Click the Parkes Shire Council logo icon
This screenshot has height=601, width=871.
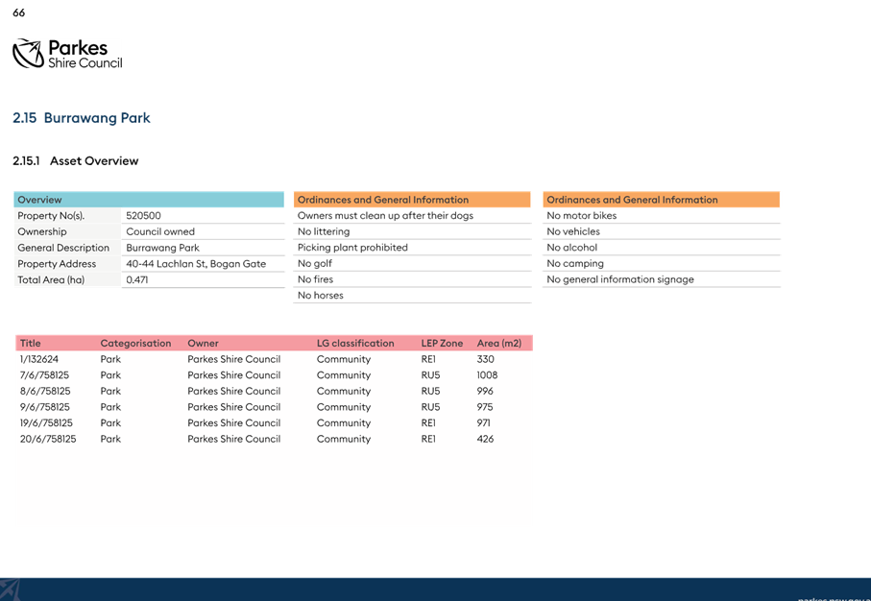pos(29,54)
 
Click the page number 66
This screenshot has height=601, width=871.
pos(19,12)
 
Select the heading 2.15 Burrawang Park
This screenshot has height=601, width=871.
pos(82,118)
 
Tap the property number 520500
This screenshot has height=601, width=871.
pos(143,215)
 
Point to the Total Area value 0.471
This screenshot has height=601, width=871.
pos(137,279)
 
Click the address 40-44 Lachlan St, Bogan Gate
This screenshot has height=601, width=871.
pos(196,264)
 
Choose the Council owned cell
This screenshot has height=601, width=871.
pos(160,231)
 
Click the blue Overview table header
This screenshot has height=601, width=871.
pos(148,200)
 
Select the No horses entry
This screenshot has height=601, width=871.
pos(321,296)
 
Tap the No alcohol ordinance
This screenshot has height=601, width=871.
pos(572,248)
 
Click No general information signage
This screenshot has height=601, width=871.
pos(620,279)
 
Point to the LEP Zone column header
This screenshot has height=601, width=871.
pos(442,344)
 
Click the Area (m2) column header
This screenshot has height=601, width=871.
pos(499,344)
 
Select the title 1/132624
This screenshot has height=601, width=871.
pos(39,359)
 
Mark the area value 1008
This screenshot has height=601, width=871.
pos(487,375)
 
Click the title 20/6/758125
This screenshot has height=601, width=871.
pos(48,439)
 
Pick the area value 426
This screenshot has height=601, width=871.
pos(486,439)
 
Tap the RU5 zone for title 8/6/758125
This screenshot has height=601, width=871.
pos(430,391)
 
